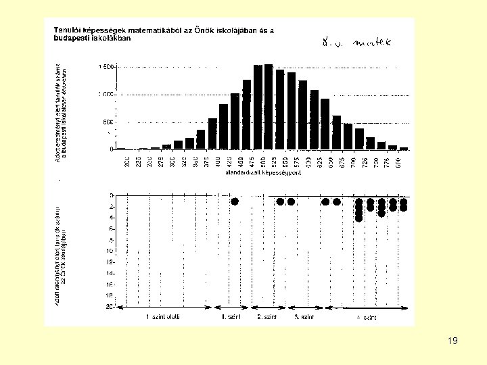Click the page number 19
(453, 341)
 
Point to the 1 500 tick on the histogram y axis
(107, 67)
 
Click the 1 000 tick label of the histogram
(107, 95)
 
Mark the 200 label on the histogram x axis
(127, 163)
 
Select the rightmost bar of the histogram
(404, 148)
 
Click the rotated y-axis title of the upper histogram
(61, 112)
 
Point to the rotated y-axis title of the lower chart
(61, 253)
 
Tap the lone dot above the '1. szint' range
(235, 201)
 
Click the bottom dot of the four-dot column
(359, 218)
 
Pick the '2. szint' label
(267, 316)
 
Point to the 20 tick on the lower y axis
(110, 306)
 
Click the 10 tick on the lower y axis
(110, 251)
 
